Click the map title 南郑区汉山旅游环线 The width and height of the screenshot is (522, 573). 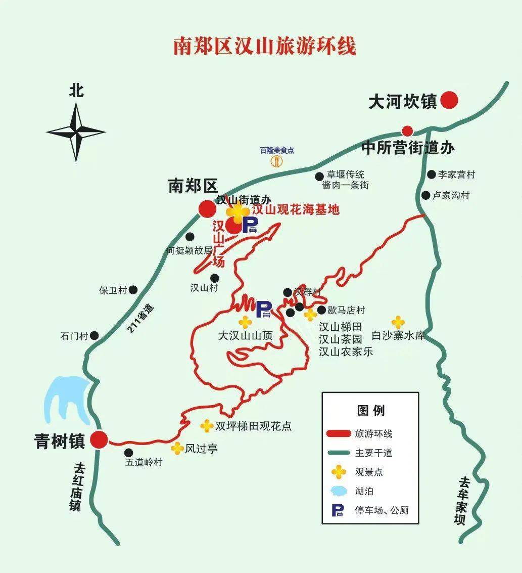264,46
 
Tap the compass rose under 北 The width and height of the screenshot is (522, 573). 76,133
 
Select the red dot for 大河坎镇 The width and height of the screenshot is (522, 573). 449,100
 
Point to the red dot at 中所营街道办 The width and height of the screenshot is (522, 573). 407,130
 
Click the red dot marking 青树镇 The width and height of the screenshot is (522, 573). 99,440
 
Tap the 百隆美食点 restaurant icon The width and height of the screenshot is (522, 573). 277,161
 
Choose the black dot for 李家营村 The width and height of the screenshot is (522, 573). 431,174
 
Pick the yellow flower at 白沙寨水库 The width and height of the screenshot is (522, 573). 398,322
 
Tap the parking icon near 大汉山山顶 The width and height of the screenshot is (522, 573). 264,310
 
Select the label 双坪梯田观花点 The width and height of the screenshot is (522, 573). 254,426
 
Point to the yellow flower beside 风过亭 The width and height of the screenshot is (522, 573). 177,448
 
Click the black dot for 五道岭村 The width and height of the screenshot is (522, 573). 129,452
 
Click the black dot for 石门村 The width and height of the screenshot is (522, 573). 94,336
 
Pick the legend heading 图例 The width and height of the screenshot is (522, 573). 370,410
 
